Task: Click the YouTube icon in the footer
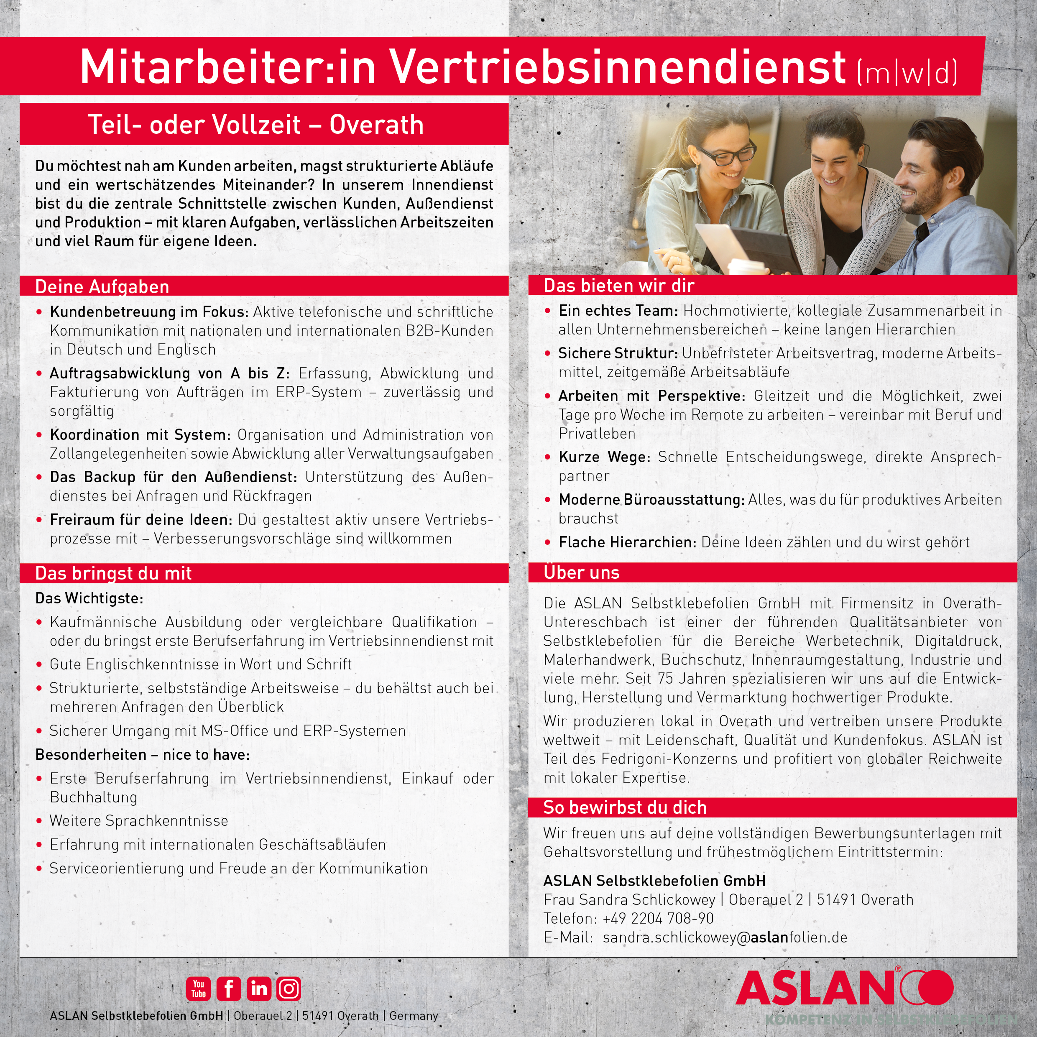pyautogui.click(x=199, y=988)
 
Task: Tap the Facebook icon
pyautogui.click(x=229, y=988)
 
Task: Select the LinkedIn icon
pyautogui.click(x=259, y=988)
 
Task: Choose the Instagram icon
pyautogui.click(x=289, y=988)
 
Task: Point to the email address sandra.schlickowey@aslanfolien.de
pyautogui.click(x=725, y=937)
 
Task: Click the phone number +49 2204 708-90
pyautogui.click(x=658, y=918)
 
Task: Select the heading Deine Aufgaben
pyautogui.click(x=102, y=286)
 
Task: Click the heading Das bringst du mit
pyautogui.click(x=113, y=573)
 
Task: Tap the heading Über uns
pyautogui.click(x=581, y=572)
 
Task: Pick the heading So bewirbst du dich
pyautogui.click(x=625, y=807)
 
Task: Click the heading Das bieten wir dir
pyautogui.click(x=619, y=286)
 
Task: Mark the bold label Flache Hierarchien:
pyautogui.click(x=627, y=542)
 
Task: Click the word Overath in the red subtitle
pyautogui.click(x=376, y=125)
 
